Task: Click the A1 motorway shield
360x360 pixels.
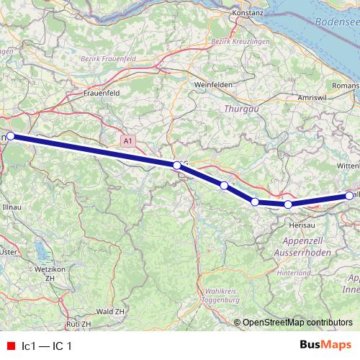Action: coord(127,142)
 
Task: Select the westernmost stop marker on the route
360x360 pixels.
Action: coord(10,135)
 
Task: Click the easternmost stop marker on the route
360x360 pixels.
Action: coord(350,195)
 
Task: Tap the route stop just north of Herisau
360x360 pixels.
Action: coord(288,204)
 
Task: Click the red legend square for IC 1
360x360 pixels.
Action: coord(9,346)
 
